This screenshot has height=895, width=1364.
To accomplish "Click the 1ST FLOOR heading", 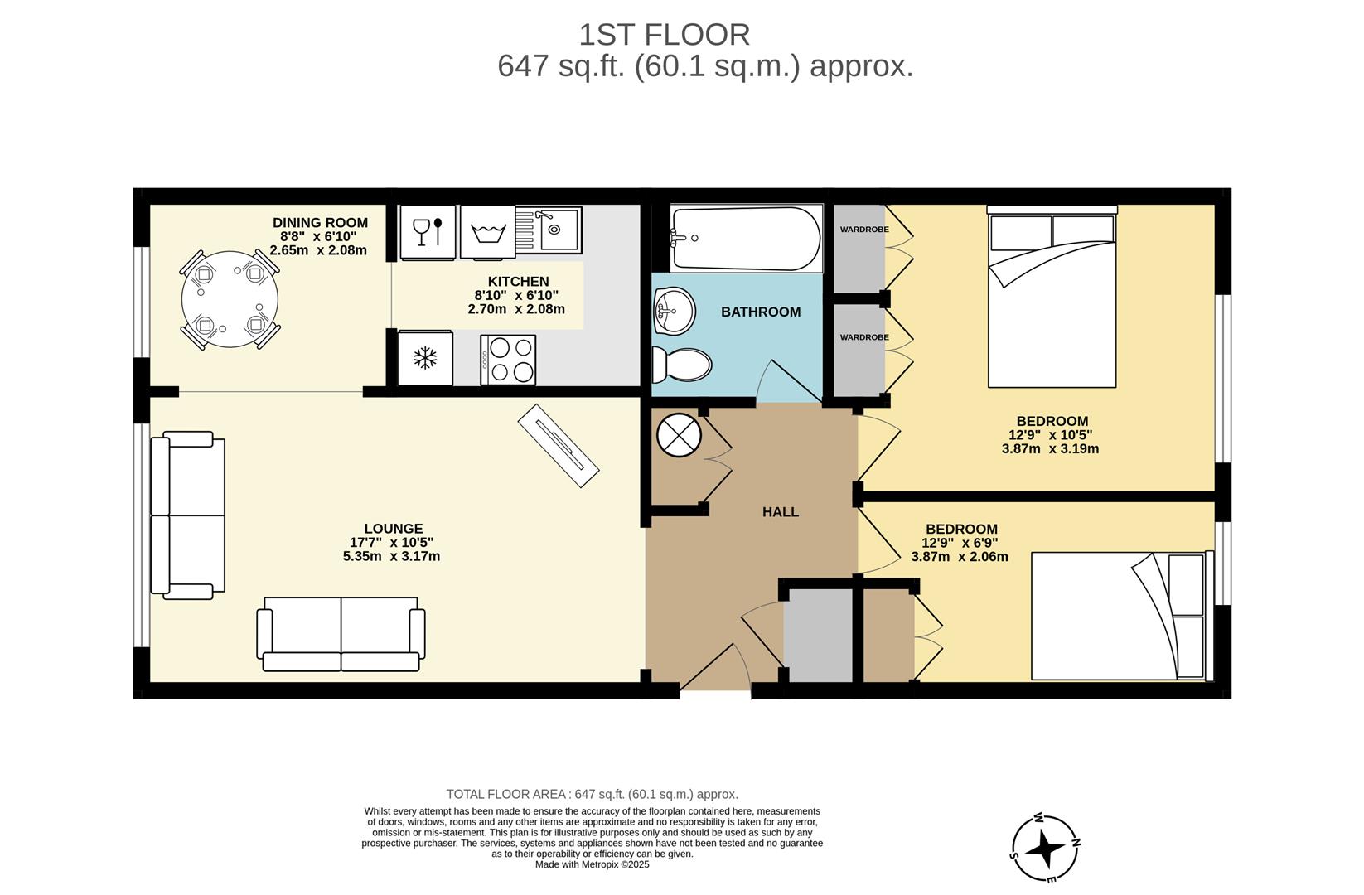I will point(664,35).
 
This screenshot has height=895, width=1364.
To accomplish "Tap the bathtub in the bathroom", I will point(746,239).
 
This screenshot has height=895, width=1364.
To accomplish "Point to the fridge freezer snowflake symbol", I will point(425,359).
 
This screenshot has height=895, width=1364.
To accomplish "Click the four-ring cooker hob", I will point(508,360).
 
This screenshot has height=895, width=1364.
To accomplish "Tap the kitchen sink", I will point(549,230).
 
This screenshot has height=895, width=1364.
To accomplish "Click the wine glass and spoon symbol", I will point(428,231).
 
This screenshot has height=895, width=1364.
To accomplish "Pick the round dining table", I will point(230,299).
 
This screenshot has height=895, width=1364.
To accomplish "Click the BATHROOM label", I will point(760,312).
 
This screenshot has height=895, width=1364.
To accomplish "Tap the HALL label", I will point(780,512).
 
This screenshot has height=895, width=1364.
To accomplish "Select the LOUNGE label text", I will point(393,529).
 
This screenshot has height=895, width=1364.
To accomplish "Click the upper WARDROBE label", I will point(863,230).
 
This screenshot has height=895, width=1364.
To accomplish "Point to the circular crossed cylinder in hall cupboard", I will point(679,435).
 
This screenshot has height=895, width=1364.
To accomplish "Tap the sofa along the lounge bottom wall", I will point(341,635).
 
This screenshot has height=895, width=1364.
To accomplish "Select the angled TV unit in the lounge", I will point(558,446).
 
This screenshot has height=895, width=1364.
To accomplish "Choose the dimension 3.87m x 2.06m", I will point(959,557).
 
